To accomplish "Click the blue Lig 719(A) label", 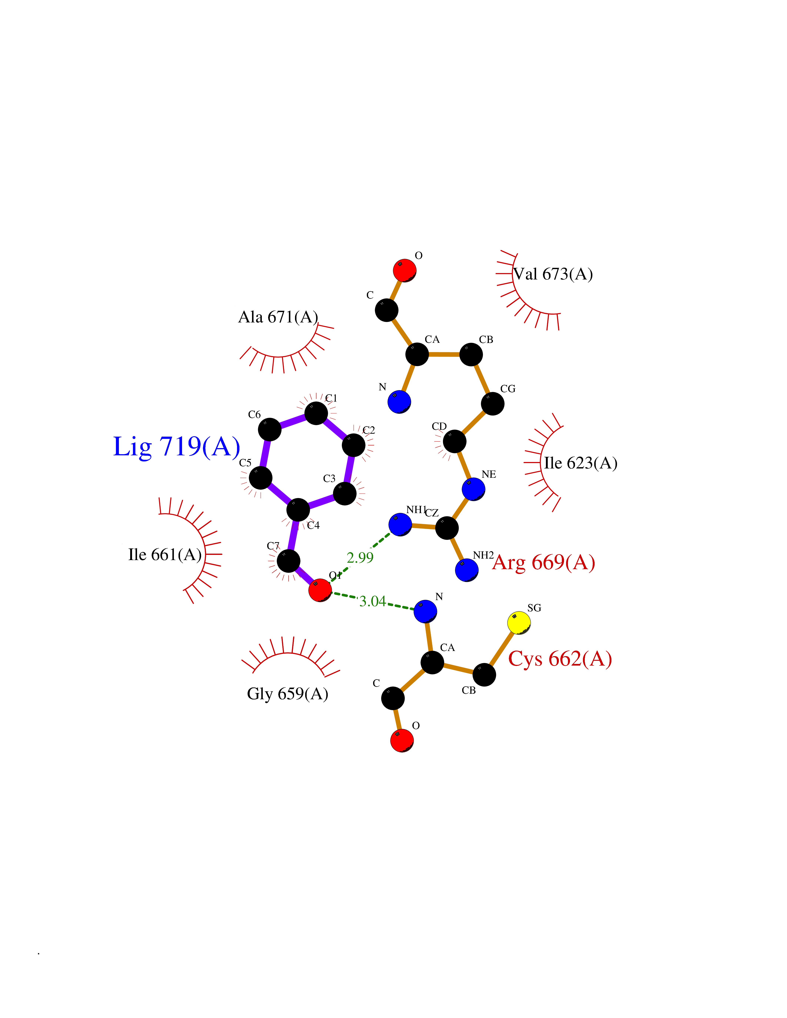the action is [177, 447].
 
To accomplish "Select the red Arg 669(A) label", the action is [544, 563].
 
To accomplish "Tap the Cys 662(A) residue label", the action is [560, 659].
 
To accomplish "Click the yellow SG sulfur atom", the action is [519, 623].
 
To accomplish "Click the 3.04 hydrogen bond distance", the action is [373, 601].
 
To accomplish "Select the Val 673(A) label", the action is [553, 274].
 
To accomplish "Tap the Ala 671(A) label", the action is [278, 317].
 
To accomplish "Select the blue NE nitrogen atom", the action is [473, 489].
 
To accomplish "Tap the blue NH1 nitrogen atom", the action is [400, 524].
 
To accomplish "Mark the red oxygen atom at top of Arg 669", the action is [404, 270].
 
